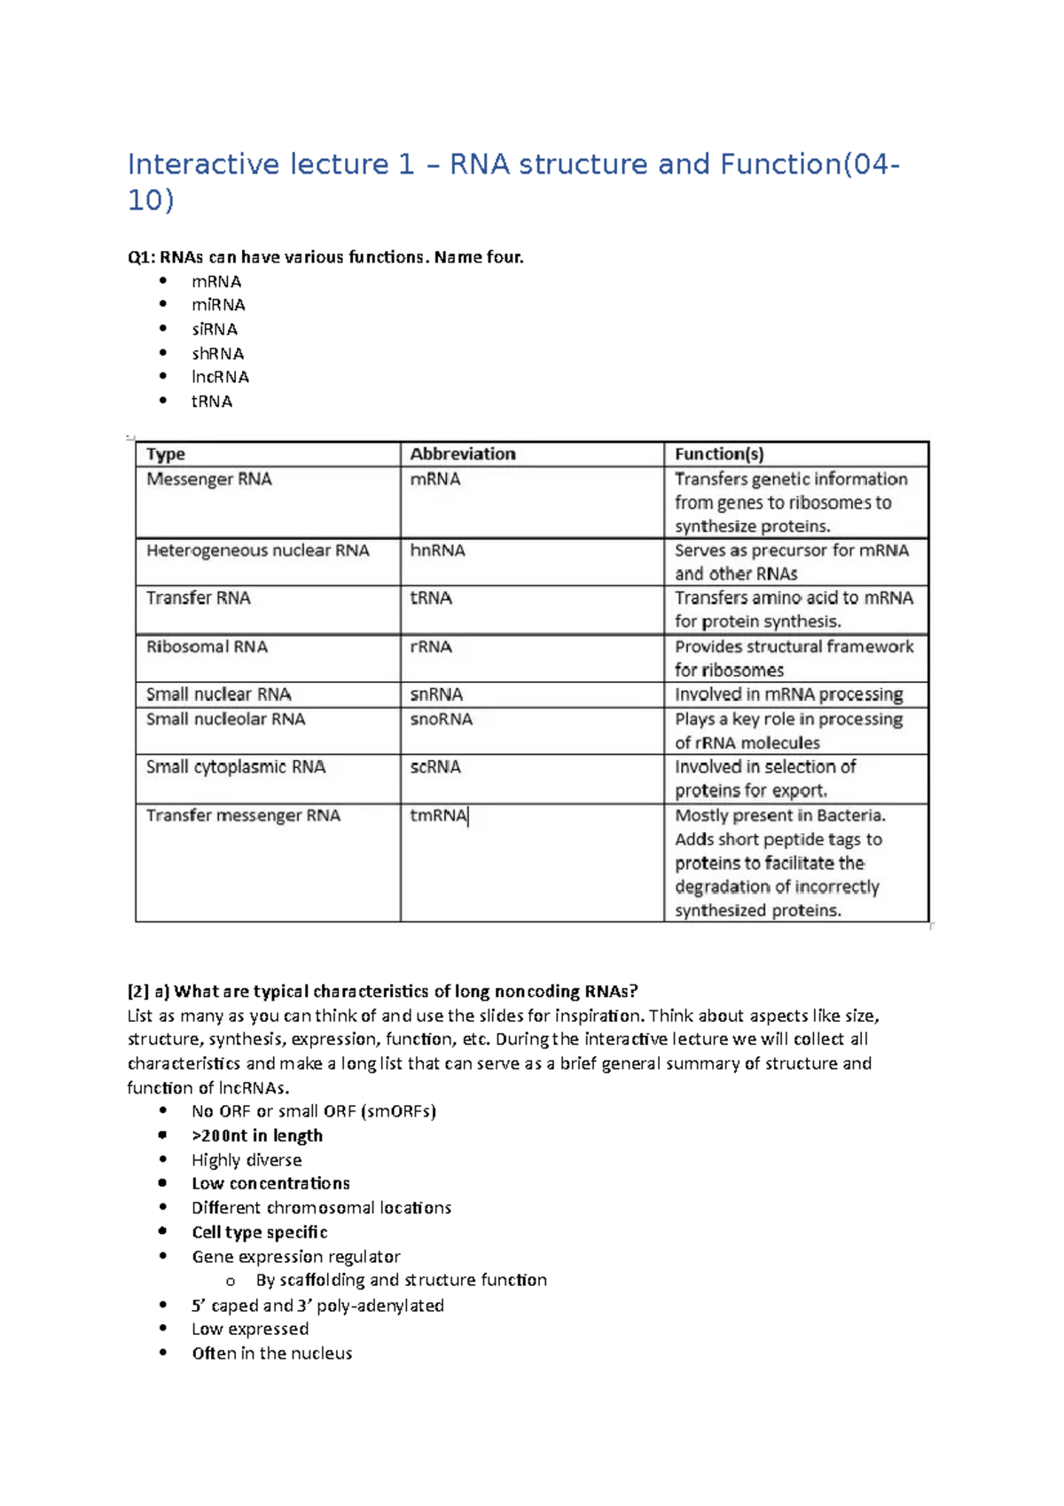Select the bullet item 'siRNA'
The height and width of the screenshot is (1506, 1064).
tap(215, 329)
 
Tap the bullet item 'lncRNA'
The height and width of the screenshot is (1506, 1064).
tap(220, 377)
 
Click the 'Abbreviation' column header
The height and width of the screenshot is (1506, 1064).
tap(462, 454)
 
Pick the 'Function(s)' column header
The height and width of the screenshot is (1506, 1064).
tap(719, 454)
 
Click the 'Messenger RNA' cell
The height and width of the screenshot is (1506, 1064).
tap(209, 479)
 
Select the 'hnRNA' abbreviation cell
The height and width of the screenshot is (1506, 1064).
tap(437, 551)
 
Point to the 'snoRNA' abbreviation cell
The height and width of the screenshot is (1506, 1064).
tap(441, 719)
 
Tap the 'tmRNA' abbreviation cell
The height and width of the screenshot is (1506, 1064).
tap(438, 815)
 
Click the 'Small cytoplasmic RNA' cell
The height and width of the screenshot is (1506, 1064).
tap(236, 767)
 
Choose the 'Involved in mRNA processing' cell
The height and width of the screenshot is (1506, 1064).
tap(788, 694)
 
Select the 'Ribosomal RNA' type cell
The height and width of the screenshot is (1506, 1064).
tap(207, 647)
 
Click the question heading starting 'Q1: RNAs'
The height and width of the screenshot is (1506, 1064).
tap(325, 257)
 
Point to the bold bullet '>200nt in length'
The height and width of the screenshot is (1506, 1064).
tap(257, 1135)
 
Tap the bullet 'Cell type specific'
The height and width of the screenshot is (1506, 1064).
tap(260, 1232)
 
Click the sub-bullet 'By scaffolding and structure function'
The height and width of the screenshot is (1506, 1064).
tap(401, 1280)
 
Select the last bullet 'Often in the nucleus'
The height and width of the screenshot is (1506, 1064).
tap(271, 1353)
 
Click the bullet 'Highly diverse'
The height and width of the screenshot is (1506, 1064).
tap(246, 1160)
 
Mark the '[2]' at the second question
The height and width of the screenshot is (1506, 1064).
tap(138, 992)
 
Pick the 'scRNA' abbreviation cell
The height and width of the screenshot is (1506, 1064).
tap(435, 767)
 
